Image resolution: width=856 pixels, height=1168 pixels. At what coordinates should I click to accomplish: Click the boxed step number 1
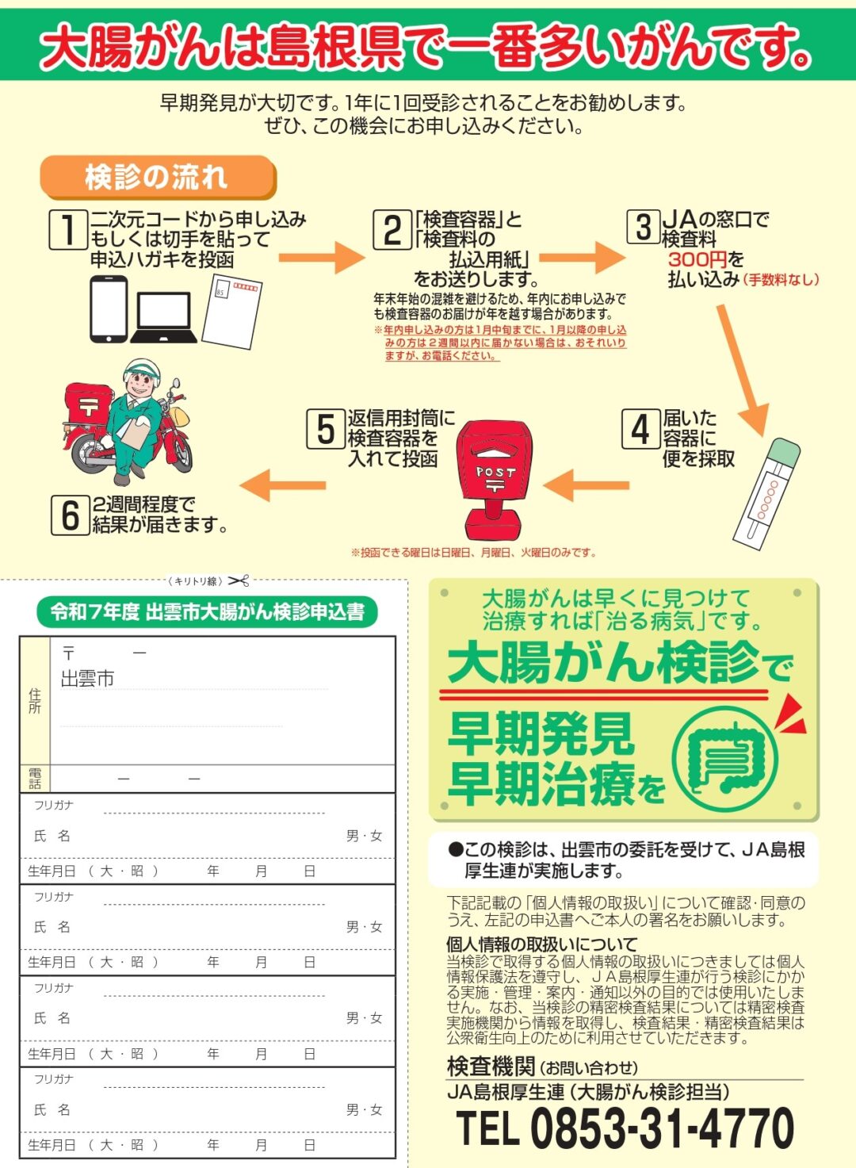click(x=68, y=229)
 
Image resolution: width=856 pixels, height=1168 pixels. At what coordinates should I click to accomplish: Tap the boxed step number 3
click(x=644, y=227)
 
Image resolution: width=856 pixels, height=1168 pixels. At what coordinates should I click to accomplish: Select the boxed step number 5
click(x=325, y=429)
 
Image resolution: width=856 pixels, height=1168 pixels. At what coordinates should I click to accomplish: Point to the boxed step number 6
click(x=71, y=515)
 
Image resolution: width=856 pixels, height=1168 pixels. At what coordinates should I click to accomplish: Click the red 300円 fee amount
click(x=698, y=259)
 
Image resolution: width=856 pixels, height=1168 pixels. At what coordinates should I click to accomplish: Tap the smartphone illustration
click(x=109, y=308)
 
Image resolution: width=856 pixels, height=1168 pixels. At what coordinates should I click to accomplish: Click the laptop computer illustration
click(x=164, y=317)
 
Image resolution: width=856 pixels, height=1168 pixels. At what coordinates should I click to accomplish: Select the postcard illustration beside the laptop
click(x=231, y=312)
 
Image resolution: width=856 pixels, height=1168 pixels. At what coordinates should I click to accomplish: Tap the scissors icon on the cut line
click(x=239, y=581)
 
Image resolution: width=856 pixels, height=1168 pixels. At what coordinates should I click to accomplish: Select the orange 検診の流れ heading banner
click(x=158, y=178)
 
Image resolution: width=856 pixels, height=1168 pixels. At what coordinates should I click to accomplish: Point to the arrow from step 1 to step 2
click(x=322, y=258)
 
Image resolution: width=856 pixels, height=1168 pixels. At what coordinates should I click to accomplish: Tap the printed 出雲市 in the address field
click(x=87, y=679)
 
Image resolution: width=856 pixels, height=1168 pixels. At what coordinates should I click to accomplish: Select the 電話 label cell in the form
click(x=35, y=779)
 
